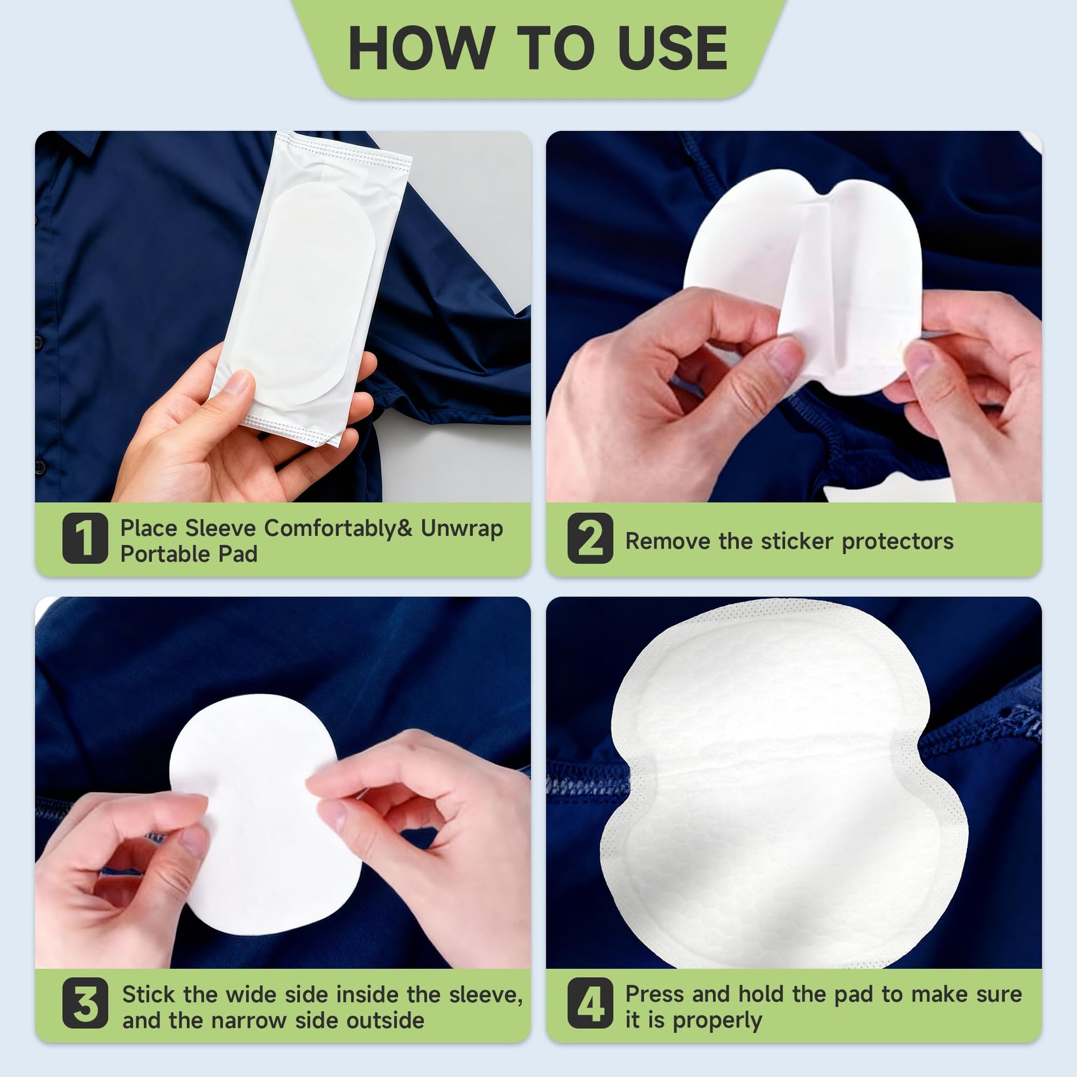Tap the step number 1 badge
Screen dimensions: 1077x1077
[85, 538]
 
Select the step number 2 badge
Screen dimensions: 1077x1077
[590, 538]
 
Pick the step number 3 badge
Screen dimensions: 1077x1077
[85, 1004]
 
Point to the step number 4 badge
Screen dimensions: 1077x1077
[590, 1004]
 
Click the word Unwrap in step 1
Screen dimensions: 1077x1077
[462, 528]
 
